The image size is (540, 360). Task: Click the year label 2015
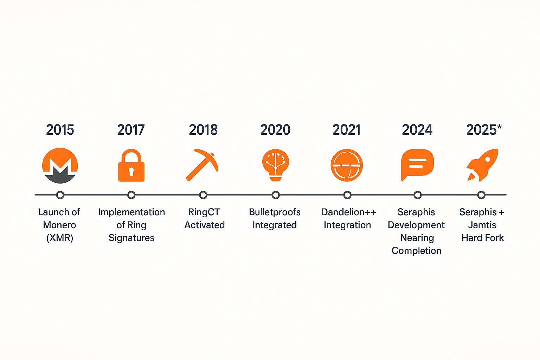coord(60,130)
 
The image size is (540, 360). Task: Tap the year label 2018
coord(203,130)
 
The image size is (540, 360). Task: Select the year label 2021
coord(346,130)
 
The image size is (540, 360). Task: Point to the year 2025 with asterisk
coord(484,130)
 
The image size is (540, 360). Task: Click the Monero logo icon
coord(60,166)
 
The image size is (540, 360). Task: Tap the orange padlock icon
coord(131,166)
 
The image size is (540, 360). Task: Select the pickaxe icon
coord(202,165)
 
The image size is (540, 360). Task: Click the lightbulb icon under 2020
coord(276,165)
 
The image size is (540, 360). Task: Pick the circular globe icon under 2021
coord(347,165)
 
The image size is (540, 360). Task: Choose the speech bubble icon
coord(417,165)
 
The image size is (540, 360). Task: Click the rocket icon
coord(482,165)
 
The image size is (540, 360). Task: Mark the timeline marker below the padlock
coord(131,195)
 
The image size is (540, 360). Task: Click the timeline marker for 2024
coord(418,195)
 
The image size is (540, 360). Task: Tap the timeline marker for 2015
coord(60,195)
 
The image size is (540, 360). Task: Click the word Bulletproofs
coord(275,212)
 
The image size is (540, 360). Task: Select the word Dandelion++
coord(349,212)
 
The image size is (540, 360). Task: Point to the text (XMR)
coord(59,238)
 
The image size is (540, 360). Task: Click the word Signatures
coord(131,238)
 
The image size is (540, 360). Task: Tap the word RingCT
coord(204,212)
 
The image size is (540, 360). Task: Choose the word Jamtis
coord(482,225)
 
